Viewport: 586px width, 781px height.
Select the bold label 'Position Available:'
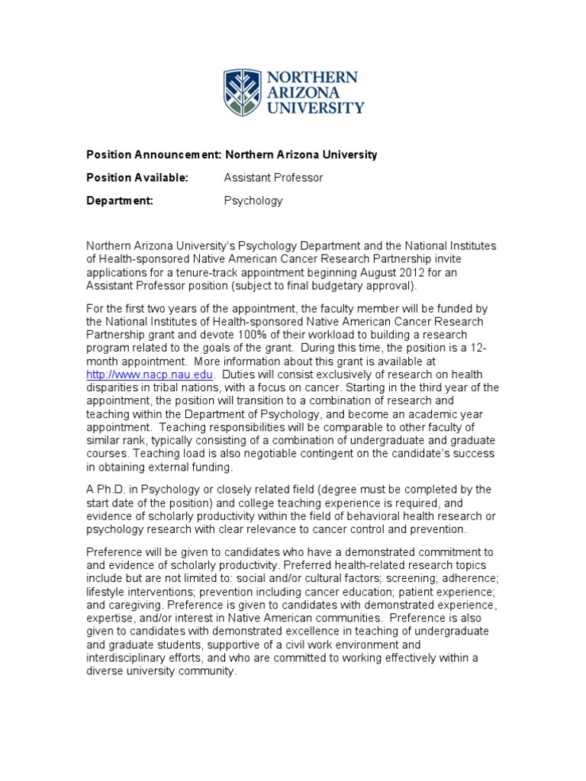point(137,178)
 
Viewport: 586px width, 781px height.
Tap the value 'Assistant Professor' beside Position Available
point(273,178)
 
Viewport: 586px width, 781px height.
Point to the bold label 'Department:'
point(120,201)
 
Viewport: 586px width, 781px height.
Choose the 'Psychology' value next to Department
point(253,201)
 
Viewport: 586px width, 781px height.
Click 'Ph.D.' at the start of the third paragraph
point(111,489)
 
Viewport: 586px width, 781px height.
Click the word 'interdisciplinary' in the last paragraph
point(130,658)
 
